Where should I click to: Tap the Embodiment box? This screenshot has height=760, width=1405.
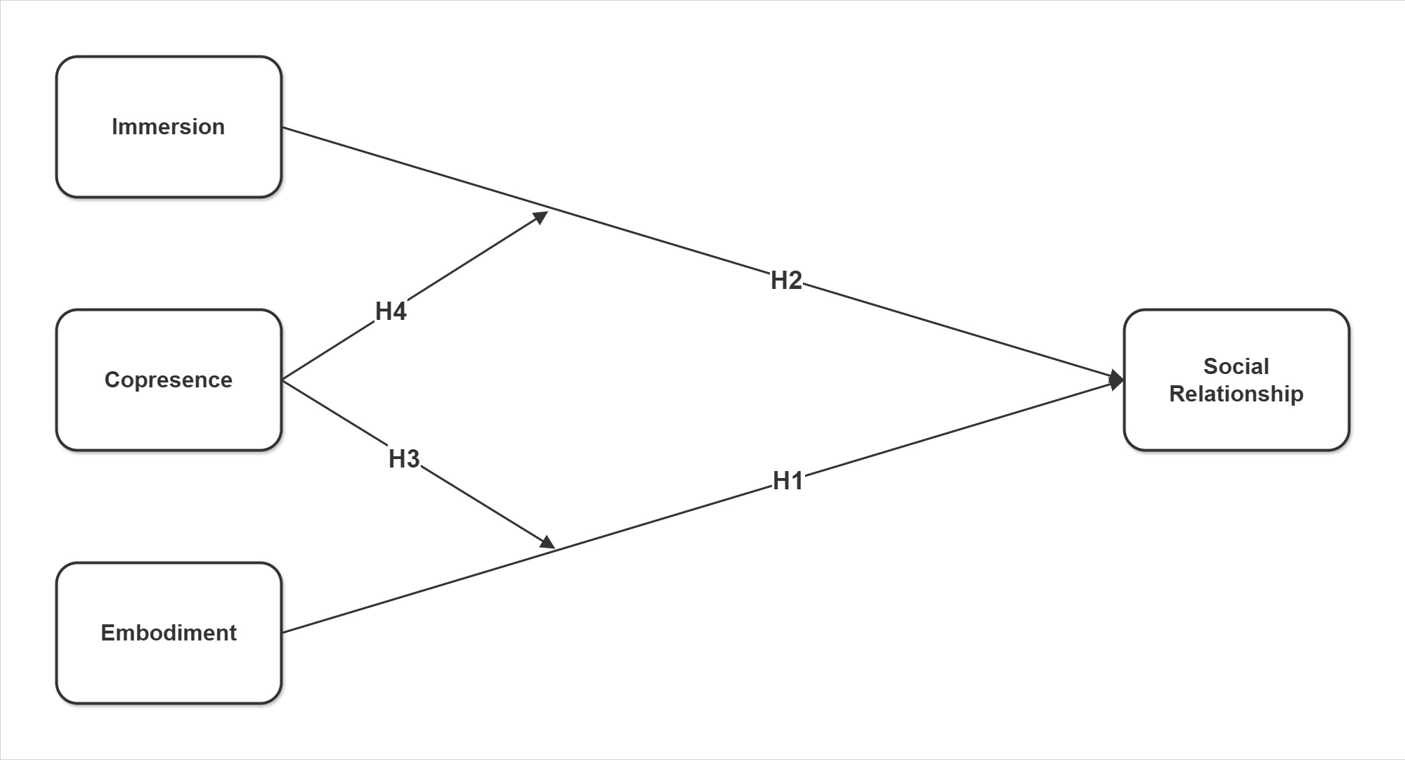(x=169, y=668)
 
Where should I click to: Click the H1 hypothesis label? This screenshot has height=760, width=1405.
(x=788, y=481)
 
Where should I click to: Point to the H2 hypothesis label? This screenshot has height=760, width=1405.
(x=786, y=281)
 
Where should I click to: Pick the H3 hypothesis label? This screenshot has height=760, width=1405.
(x=404, y=459)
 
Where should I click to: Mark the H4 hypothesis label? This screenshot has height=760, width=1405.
(x=391, y=311)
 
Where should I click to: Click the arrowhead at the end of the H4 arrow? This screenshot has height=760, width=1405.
(x=541, y=216)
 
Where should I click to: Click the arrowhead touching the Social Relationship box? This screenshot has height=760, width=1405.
(x=1116, y=380)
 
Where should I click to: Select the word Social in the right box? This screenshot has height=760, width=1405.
(x=1236, y=366)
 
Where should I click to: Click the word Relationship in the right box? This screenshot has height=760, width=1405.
(x=1236, y=394)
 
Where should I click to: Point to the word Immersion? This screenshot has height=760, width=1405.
(x=169, y=127)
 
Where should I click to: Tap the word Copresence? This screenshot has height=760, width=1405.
(x=169, y=380)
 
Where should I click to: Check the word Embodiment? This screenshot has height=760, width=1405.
(x=169, y=633)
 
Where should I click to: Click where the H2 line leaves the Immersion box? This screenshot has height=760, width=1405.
(x=282, y=127)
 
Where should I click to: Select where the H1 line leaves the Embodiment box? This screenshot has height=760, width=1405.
(x=282, y=633)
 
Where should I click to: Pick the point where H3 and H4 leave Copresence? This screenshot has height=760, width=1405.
(x=282, y=380)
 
